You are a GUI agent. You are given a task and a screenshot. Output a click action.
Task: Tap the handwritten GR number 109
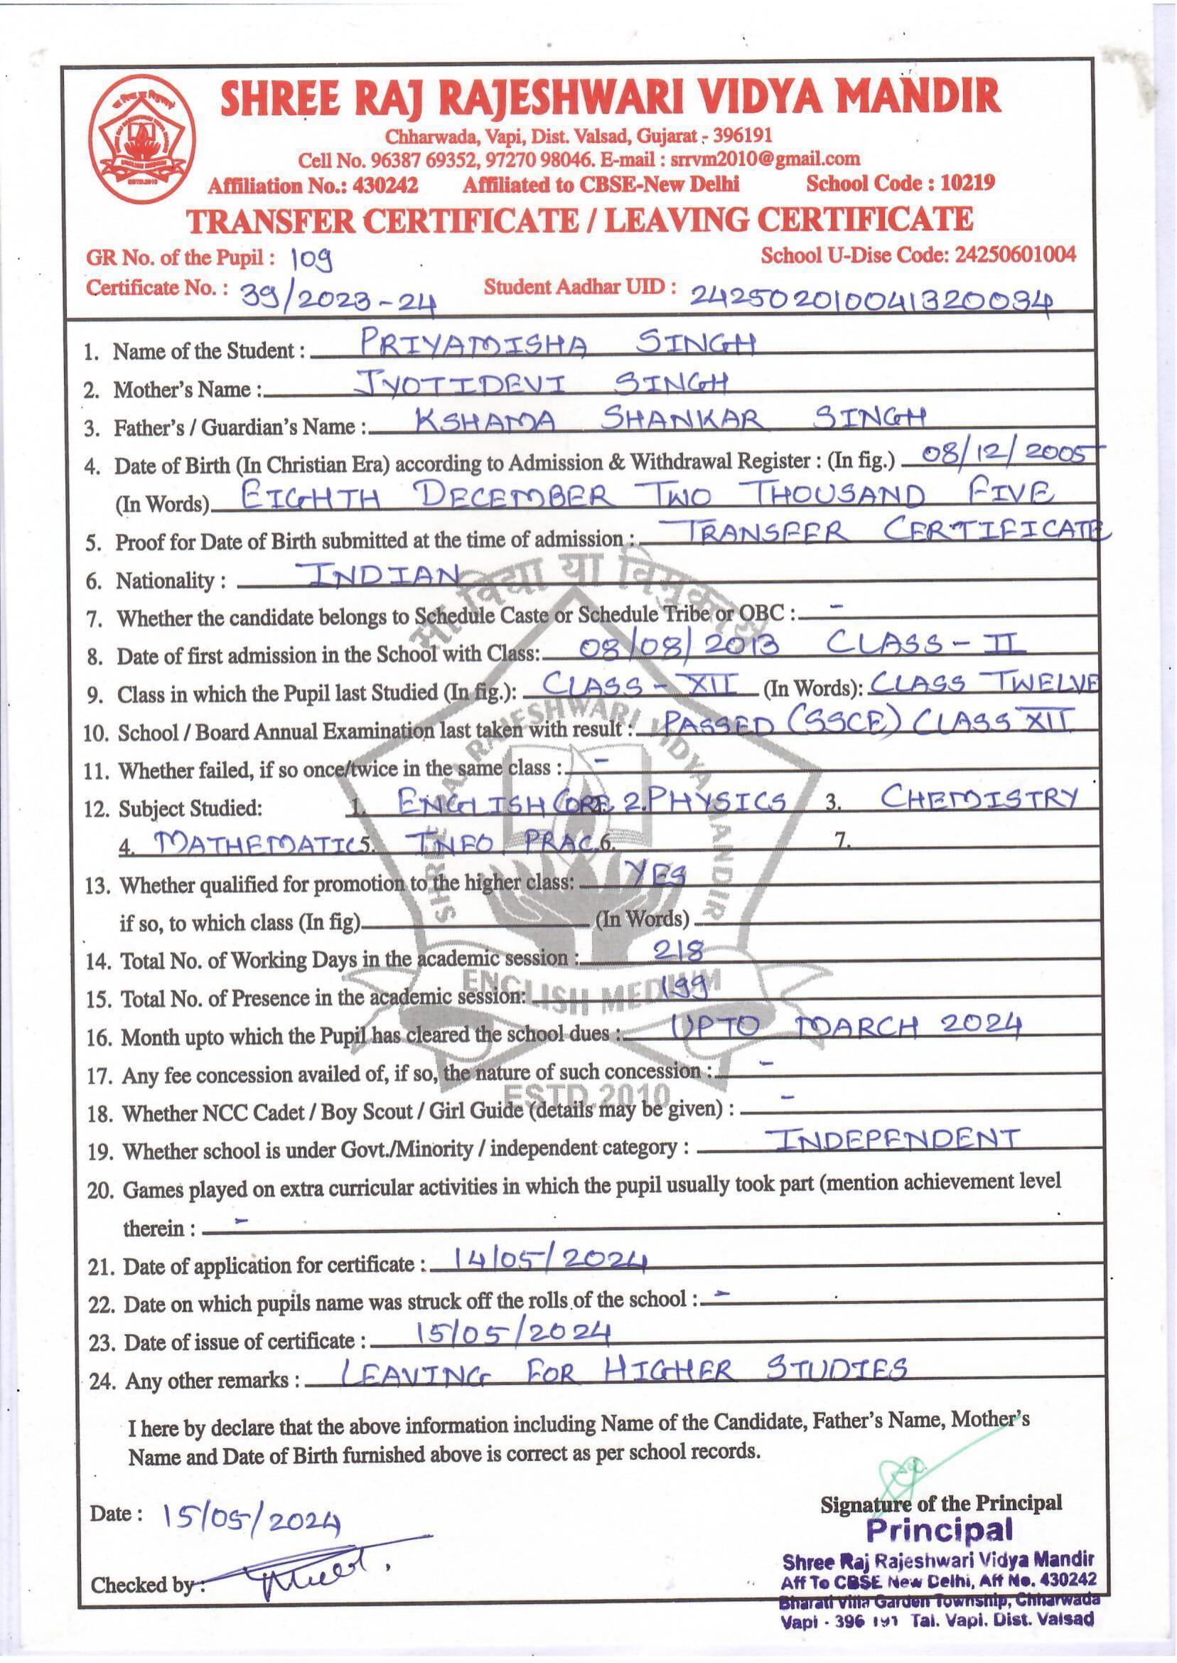(311, 257)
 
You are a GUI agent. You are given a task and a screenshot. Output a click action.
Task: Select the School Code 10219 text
(900, 183)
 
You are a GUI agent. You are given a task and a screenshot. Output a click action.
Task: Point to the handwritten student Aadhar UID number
(871, 296)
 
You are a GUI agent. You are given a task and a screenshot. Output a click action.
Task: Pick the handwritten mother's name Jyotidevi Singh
(541, 383)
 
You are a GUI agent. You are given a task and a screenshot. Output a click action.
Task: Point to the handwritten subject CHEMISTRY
(979, 798)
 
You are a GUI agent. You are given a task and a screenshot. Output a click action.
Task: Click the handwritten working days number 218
(677, 950)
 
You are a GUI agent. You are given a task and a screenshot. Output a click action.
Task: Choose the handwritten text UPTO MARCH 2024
(845, 1027)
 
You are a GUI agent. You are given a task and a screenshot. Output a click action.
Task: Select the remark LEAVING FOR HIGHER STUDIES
(623, 1371)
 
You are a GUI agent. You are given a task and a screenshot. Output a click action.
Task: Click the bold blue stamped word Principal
(940, 1529)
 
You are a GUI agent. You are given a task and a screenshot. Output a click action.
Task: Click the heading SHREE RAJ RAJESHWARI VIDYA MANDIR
(611, 99)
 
